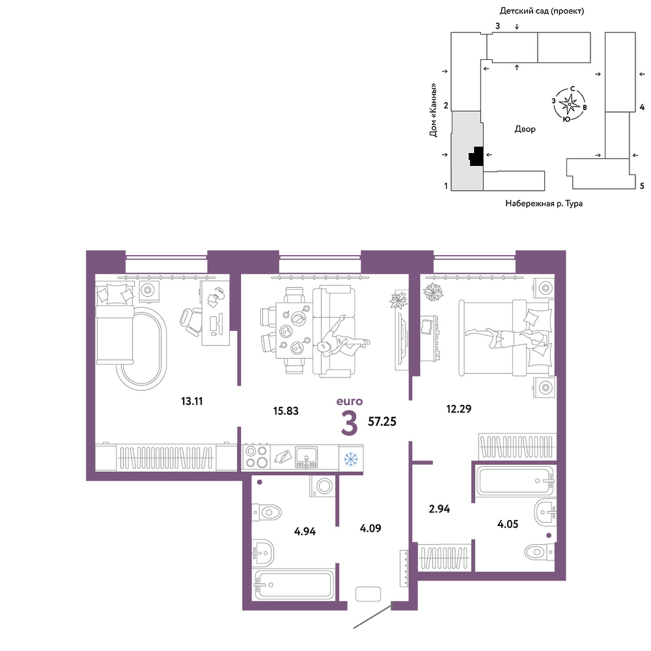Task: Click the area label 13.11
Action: click(192, 402)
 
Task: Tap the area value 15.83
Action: click(286, 411)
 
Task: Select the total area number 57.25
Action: click(382, 422)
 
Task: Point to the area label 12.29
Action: click(459, 409)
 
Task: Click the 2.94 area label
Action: click(439, 509)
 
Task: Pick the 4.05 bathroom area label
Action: click(508, 524)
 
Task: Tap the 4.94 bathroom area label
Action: click(305, 531)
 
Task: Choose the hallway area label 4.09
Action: click(370, 529)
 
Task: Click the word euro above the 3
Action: click(350, 402)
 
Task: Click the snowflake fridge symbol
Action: click(351, 458)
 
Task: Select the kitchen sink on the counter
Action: click(307, 458)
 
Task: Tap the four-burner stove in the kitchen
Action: click(256, 457)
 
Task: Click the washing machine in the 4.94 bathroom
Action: click(324, 486)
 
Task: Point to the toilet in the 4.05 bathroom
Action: click(539, 552)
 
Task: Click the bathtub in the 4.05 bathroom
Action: click(516, 481)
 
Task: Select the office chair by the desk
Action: click(191, 321)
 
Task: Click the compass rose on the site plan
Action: click(568, 104)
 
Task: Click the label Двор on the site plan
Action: click(525, 129)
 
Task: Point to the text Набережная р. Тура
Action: click(544, 203)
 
